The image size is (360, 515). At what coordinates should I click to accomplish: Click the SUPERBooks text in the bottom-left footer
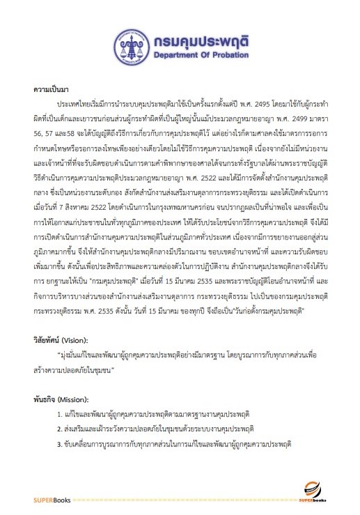coord(49,500)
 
